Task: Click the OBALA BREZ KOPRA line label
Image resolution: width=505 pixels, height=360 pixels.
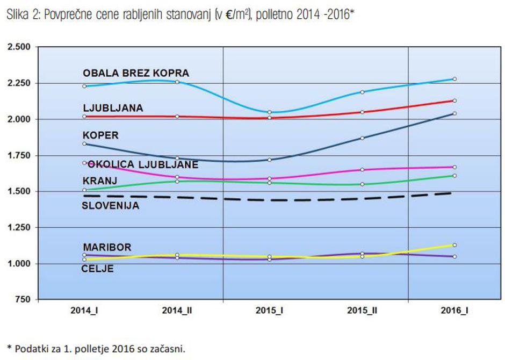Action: tap(136, 74)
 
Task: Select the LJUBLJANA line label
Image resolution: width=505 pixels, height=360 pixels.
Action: tap(113, 108)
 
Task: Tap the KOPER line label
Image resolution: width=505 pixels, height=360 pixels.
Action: tap(100, 136)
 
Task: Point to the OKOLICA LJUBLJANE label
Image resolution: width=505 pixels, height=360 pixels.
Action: tap(143, 164)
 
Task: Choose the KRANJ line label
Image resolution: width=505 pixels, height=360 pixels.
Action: tap(100, 181)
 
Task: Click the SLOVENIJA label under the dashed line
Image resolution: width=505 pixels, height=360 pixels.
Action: tap(110, 205)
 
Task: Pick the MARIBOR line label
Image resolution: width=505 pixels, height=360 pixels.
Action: tap(107, 248)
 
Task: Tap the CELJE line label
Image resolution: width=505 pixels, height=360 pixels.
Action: tap(97, 269)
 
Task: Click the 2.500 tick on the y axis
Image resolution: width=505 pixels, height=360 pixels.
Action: tap(19, 47)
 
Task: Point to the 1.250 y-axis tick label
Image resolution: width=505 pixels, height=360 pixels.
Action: tap(19, 228)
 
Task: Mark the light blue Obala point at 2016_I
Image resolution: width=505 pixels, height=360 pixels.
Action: tap(454, 79)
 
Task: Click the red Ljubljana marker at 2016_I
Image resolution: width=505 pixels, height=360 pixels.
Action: tap(454, 100)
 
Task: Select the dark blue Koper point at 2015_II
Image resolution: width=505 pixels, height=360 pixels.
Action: tap(363, 138)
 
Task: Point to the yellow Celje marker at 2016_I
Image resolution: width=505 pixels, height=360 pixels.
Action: tap(454, 245)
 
